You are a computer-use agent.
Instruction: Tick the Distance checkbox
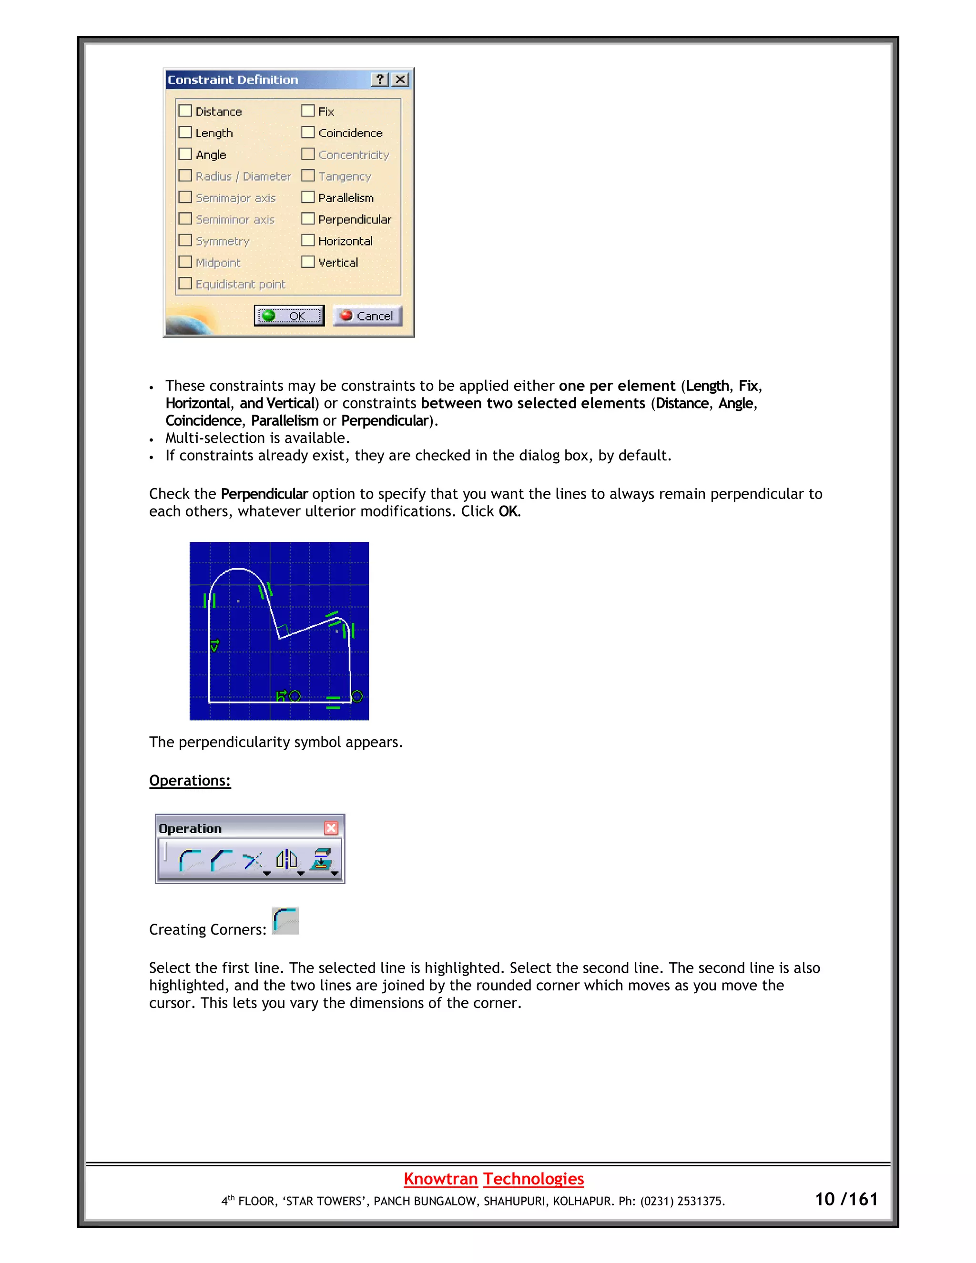point(185,111)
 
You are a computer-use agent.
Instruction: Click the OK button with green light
point(289,316)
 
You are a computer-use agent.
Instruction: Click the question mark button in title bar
point(379,79)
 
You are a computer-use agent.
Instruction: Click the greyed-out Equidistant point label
point(240,284)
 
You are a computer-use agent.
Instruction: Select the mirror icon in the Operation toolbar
point(286,860)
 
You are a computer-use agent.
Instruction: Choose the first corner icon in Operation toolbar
point(190,860)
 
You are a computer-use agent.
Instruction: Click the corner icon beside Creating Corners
point(285,921)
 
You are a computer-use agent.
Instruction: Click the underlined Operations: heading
point(190,780)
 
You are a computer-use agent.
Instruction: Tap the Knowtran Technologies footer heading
point(493,1179)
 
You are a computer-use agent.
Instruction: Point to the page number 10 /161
point(846,1200)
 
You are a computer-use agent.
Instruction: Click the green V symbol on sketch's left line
point(214,645)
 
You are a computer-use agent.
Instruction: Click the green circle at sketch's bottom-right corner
point(357,696)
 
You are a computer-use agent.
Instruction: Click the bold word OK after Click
point(508,511)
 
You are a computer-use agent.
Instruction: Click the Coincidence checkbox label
point(350,133)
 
